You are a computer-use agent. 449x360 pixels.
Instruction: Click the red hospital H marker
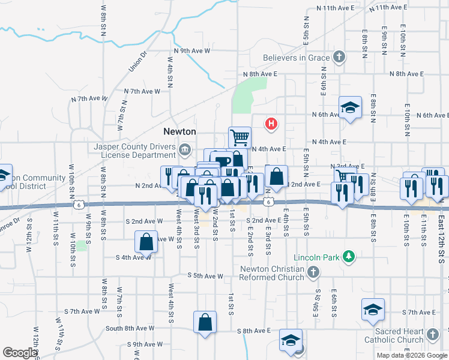click(x=271, y=124)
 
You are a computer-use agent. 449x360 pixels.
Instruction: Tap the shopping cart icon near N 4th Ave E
click(x=240, y=137)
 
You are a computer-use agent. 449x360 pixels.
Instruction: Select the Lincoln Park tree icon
click(x=347, y=258)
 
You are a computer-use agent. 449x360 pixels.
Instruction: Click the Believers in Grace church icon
click(x=339, y=58)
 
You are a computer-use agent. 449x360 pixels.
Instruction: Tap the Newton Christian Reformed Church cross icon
click(x=312, y=273)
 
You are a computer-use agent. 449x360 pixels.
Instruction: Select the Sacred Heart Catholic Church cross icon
click(x=432, y=333)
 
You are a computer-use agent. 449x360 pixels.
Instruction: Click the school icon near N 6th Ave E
click(x=351, y=107)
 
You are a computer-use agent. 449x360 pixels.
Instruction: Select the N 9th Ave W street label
click(x=192, y=52)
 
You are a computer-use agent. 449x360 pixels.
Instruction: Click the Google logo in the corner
click(x=20, y=353)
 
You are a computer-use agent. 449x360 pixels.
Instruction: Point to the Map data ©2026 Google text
click(x=412, y=355)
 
